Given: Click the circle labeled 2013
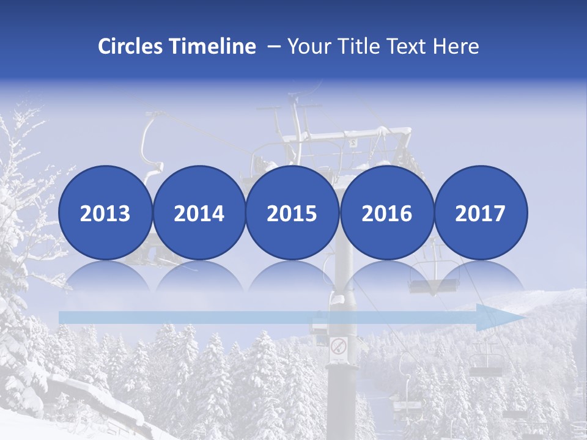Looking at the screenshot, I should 105,213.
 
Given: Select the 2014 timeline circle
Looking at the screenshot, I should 199,213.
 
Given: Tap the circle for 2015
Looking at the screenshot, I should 292,213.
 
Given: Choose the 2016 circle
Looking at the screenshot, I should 386,213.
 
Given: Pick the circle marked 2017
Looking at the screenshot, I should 481,213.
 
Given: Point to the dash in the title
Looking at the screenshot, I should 274,46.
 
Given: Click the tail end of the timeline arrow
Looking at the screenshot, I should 62,318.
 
